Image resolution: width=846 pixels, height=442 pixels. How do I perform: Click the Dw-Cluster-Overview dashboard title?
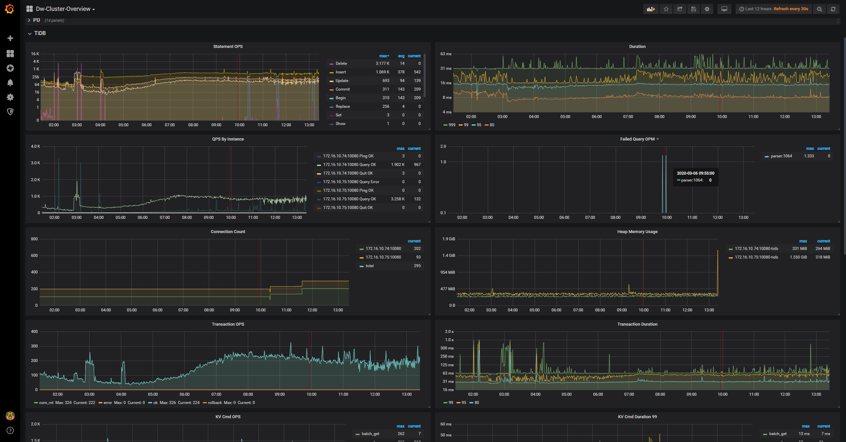click(x=63, y=9)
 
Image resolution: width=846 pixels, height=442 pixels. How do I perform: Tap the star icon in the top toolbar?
click(x=666, y=9)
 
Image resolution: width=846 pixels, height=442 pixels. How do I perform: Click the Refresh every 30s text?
click(x=791, y=9)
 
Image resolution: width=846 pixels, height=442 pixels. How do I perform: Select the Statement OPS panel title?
click(x=228, y=47)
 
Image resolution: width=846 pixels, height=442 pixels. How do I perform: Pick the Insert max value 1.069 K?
click(x=382, y=72)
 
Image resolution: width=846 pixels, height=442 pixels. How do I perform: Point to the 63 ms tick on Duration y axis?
click(x=446, y=54)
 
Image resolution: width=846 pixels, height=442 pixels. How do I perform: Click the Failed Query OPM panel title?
click(x=637, y=139)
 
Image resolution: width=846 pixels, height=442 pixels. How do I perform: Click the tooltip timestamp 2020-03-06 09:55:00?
click(x=695, y=173)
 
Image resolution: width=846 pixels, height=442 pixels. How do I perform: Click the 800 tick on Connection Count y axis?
click(x=34, y=239)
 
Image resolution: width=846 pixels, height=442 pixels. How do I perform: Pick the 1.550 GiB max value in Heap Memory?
click(x=798, y=257)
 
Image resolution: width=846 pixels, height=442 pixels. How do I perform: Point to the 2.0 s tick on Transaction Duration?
click(x=449, y=332)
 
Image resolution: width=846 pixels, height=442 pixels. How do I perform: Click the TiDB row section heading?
click(x=40, y=33)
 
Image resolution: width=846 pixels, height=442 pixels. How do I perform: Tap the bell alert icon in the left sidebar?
click(x=10, y=83)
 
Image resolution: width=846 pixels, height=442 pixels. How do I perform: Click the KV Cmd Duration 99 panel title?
click(x=637, y=417)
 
